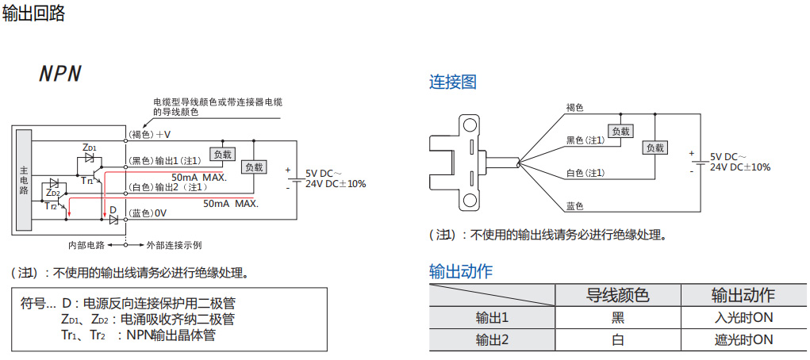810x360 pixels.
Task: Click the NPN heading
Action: point(60,74)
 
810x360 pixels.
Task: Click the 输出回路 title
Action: point(33,13)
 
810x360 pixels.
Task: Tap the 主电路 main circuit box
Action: point(24,180)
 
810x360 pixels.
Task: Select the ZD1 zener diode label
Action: point(90,148)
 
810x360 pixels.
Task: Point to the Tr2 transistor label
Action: point(51,205)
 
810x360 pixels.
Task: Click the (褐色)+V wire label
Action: point(150,134)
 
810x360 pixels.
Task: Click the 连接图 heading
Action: point(453,82)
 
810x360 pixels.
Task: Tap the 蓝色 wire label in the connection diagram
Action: point(575,206)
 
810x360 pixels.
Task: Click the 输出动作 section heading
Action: point(461,271)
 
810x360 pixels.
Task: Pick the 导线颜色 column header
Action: point(617,296)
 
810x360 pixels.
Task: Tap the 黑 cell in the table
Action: point(617,318)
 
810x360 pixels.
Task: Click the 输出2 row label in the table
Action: point(492,340)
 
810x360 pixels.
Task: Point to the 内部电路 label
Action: point(86,245)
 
